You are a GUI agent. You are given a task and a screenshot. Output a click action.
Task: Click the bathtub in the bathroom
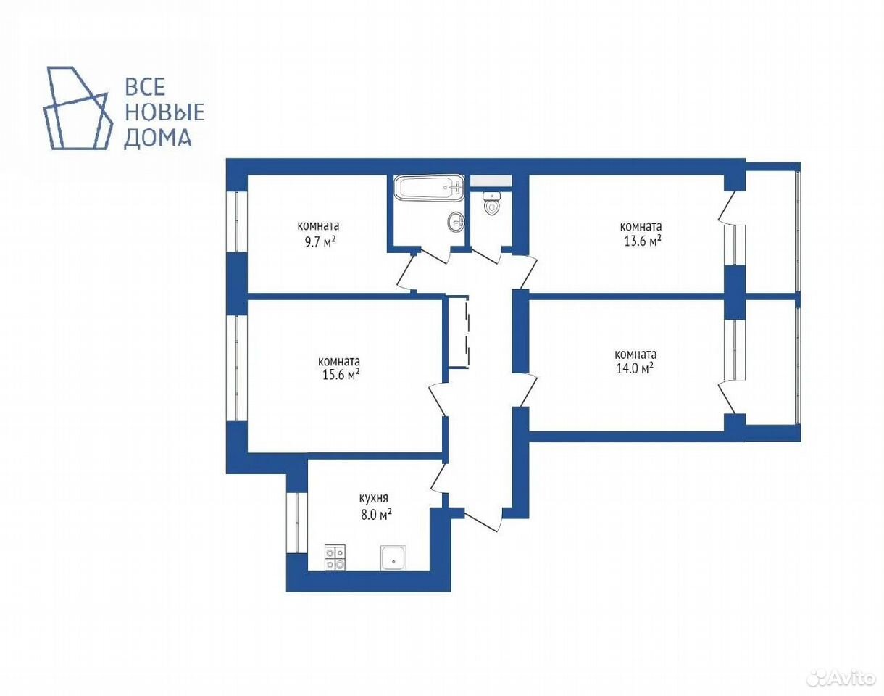click(x=429, y=188)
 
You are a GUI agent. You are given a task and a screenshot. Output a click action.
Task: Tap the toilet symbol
click(x=491, y=203)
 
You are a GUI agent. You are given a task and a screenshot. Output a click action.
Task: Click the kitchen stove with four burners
click(x=335, y=558)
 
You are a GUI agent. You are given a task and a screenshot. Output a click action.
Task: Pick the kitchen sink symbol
click(x=393, y=558)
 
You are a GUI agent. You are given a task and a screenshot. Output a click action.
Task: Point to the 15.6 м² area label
click(x=341, y=375)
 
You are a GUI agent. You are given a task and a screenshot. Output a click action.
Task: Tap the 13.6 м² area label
click(x=643, y=241)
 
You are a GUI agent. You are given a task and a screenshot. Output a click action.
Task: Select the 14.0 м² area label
click(x=635, y=368)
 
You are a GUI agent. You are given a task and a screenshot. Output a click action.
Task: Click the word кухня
click(x=373, y=499)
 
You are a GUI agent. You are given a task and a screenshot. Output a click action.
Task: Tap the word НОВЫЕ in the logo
click(x=164, y=112)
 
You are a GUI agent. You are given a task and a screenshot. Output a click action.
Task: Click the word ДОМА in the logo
click(x=158, y=138)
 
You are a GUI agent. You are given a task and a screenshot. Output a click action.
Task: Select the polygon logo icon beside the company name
click(x=78, y=107)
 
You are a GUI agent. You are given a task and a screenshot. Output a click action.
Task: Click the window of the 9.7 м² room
click(x=237, y=221)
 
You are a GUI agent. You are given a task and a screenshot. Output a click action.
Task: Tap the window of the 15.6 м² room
click(x=237, y=368)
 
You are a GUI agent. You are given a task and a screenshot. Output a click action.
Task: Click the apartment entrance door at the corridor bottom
click(x=483, y=519)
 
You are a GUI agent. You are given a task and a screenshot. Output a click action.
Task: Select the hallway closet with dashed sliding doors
click(x=459, y=332)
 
